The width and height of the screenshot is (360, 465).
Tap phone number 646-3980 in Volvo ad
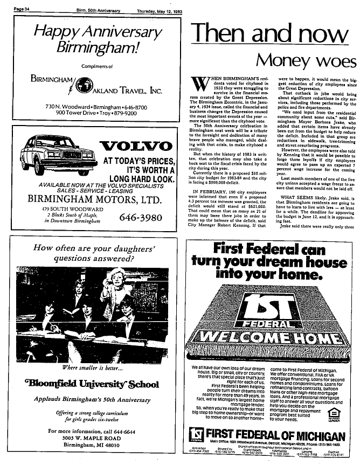pyautogui.click(x=141, y=218)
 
